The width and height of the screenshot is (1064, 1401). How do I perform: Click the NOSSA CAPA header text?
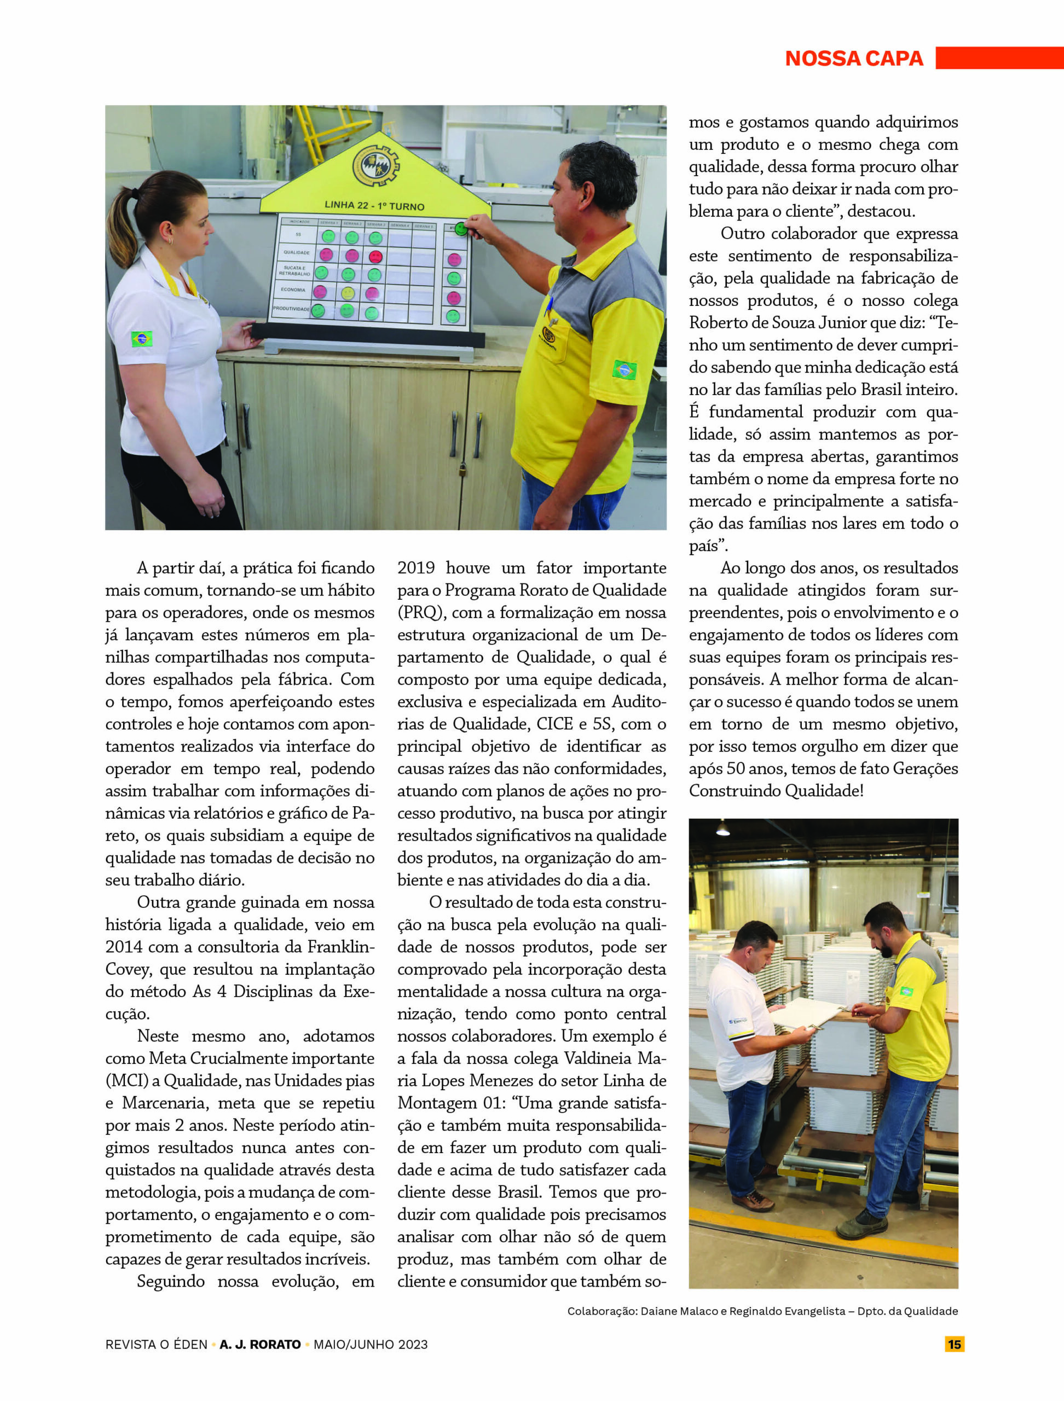click(854, 58)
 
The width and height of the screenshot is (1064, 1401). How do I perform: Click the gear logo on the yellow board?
click(375, 165)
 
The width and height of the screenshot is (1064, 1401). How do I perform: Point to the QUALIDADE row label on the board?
click(297, 252)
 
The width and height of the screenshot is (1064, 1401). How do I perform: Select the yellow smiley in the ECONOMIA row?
click(347, 293)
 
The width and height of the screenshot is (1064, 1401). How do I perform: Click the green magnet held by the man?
click(461, 229)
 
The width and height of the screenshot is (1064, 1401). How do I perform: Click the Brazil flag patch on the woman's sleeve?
click(141, 338)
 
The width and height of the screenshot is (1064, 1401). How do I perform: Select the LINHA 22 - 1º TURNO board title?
click(374, 206)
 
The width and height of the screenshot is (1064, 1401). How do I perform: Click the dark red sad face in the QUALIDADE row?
click(375, 257)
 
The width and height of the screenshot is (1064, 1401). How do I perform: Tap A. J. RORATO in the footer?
click(259, 1344)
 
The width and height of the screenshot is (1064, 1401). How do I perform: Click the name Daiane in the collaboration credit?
click(662, 1311)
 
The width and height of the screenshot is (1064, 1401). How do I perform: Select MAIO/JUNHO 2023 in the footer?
click(371, 1344)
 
